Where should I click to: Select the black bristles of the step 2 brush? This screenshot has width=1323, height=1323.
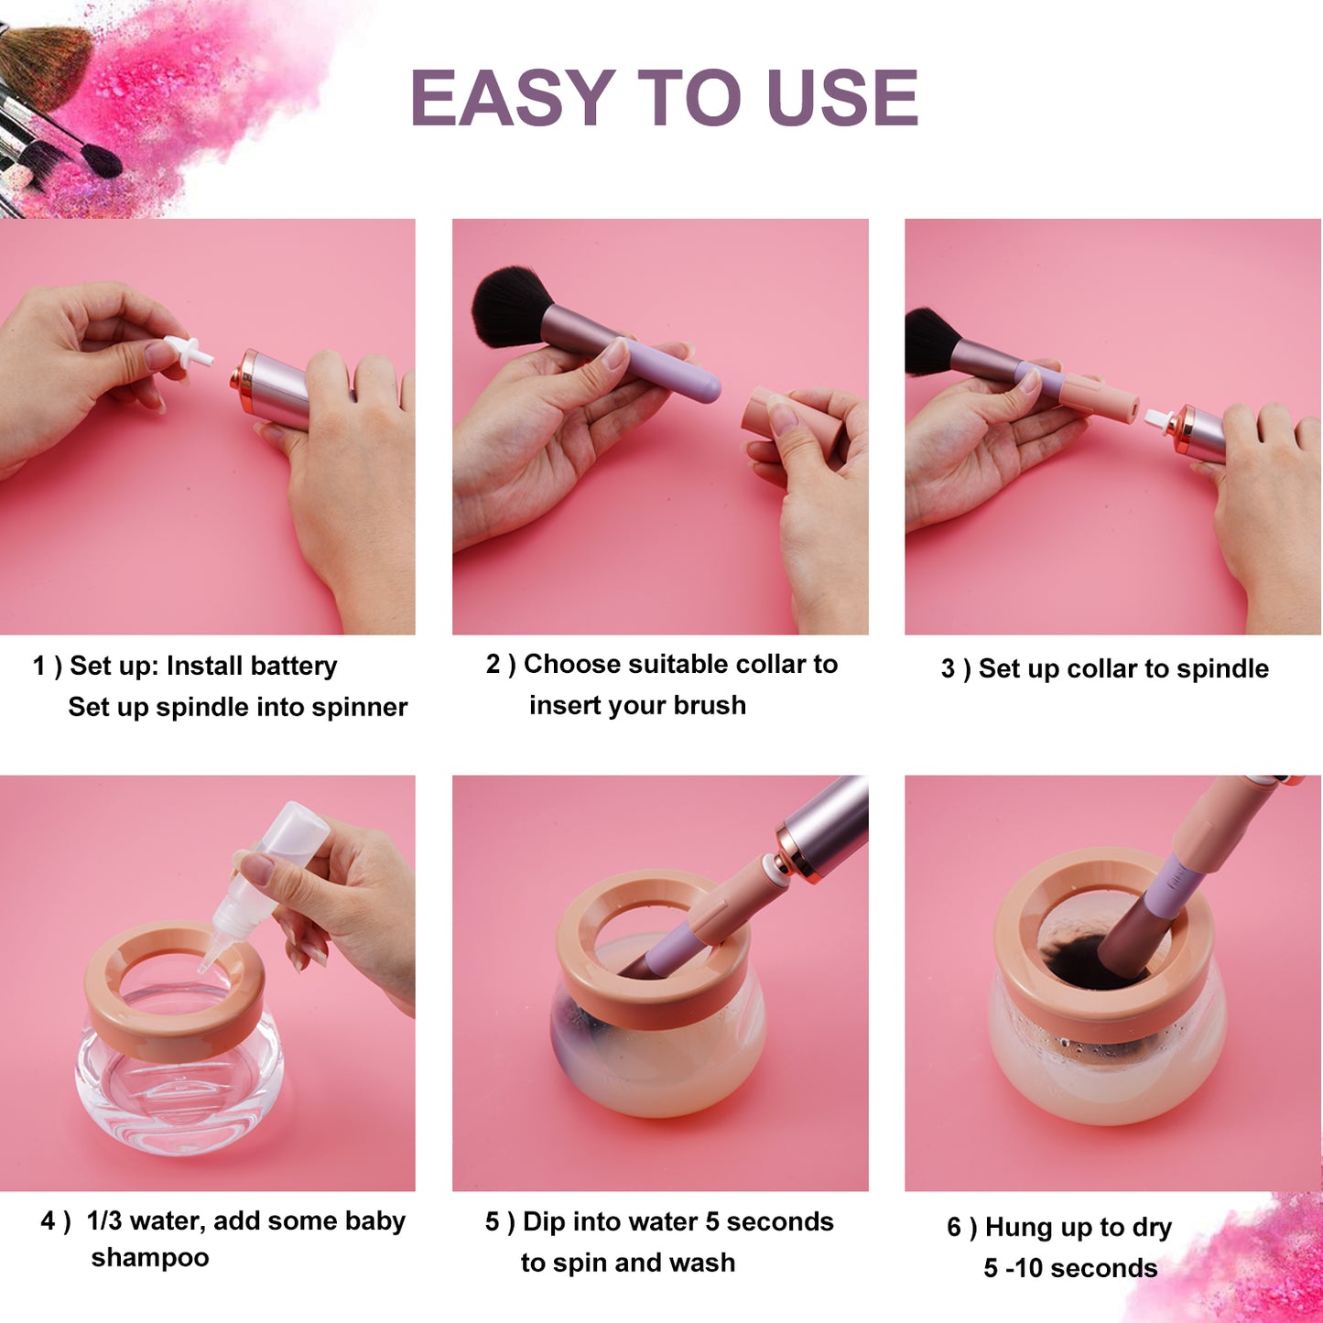click(x=513, y=306)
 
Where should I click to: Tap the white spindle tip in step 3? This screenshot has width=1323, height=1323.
click(x=1160, y=418)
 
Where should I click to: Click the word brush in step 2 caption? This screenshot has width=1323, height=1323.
click(x=710, y=705)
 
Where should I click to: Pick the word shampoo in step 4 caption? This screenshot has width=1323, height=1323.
click(x=149, y=1258)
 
